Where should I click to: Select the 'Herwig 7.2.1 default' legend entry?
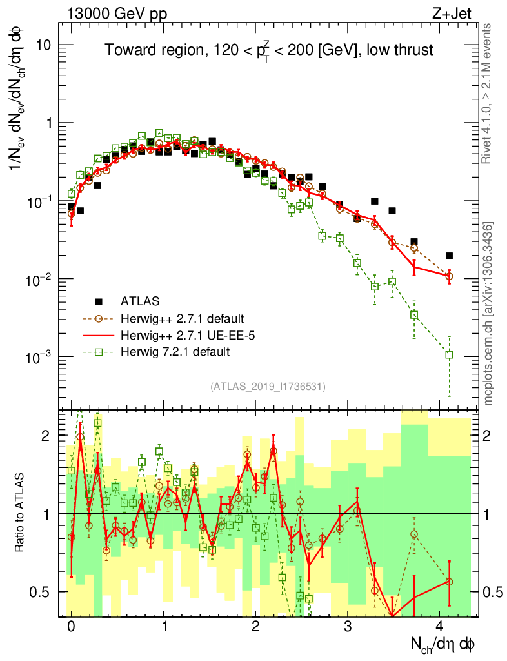tap(175, 352)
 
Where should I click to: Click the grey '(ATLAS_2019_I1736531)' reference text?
tap(268, 387)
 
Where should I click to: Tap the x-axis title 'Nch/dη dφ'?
tap(444, 646)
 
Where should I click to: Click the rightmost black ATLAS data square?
tap(450, 256)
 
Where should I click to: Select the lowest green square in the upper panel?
tap(450, 354)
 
